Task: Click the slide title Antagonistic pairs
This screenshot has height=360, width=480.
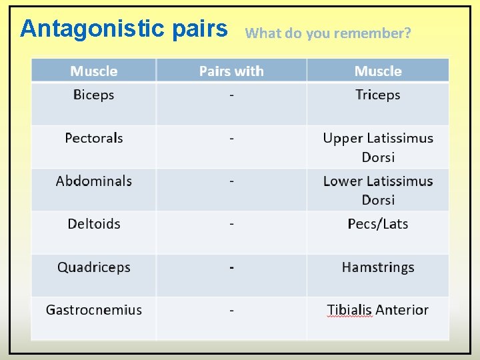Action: pyautogui.click(x=123, y=29)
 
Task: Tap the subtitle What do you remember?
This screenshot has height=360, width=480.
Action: pyautogui.click(x=328, y=33)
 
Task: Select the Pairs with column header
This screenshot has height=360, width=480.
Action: pyautogui.click(x=231, y=71)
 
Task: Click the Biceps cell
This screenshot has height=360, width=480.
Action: pyautogui.click(x=93, y=95)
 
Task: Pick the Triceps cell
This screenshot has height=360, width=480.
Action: pyautogui.click(x=377, y=95)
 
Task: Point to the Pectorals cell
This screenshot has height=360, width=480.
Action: pyautogui.click(x=93, y=138)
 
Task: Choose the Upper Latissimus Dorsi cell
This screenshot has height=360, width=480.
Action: pyautogui.click(x=377, y=147)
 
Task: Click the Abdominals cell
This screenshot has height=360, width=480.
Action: pyautogui.click(x=93, y=181)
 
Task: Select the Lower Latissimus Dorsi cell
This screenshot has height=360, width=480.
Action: pyautogui.click(x=377, y=190)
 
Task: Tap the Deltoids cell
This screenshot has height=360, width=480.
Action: pyautogui.click(x=93, y=224)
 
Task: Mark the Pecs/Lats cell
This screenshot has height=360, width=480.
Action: pyautogui.click(x=377, y=224)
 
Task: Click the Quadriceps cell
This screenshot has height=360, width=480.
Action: pyautogui.click(x=93, y=267)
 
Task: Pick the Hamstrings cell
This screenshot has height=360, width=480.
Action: pyautogui.click(x=377, y=267)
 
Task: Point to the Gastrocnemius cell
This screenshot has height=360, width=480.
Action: pyautogui.click(x=93, y=310)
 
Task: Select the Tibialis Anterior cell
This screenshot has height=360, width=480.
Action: pyautogui.click(x=377, y=310)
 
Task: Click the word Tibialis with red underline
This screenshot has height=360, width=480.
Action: pyautogui.click(x=349, y=310)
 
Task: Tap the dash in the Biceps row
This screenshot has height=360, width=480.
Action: pyautogui.click(x=231, y=95)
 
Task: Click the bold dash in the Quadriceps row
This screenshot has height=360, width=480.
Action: pyautogui.click(x=231, y=267)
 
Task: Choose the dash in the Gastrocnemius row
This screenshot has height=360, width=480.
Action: pyautogui.click(x=231, y=310)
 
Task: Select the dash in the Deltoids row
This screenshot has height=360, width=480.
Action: pyautogui.click(x=231, y=224)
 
